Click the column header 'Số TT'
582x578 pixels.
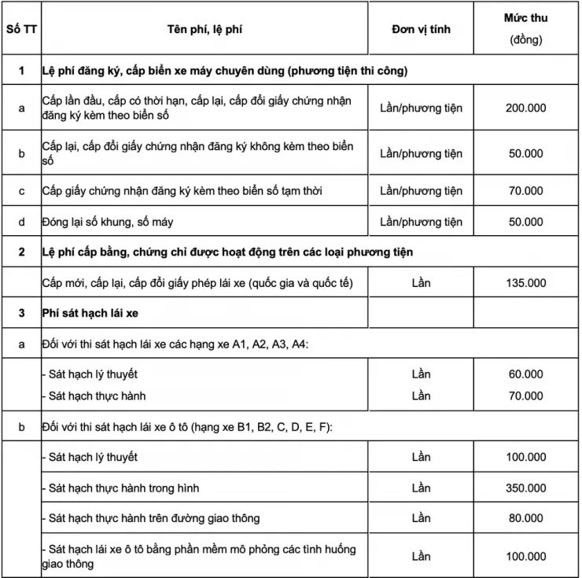[x=21, y=29]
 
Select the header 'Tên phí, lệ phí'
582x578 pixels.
[x=201, y=29]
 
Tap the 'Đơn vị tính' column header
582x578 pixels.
[x=421, y=29]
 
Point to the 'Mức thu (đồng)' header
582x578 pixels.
[x=527, y=28]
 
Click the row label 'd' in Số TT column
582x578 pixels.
[x=21, y=222]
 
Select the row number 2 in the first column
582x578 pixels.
[x=21, y=252]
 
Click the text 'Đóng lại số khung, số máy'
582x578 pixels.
[x=108, y=222]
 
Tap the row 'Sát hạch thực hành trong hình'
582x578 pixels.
[x=121, y=488]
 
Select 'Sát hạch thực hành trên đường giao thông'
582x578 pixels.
[x=151, y=517]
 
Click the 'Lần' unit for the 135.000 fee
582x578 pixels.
[x=421, y=283]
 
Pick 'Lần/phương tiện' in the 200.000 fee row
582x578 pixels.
[x=421, y=108]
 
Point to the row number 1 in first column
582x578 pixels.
[x=21, y=71]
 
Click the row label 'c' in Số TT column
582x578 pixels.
[x=21, y=190]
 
